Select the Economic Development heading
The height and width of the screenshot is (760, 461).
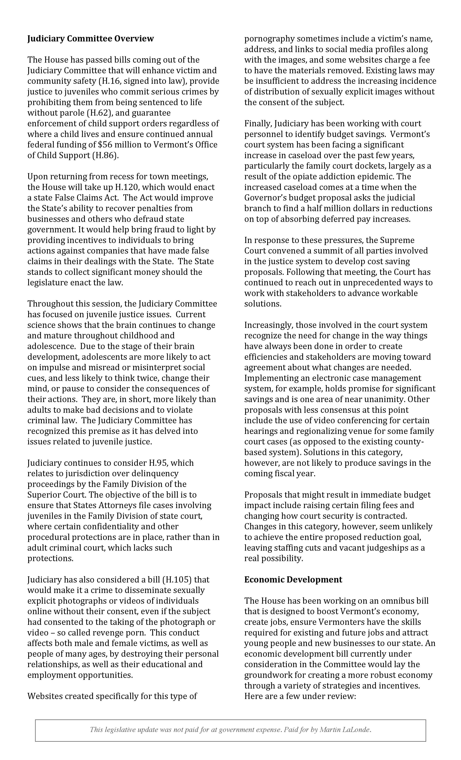tap(293, 580)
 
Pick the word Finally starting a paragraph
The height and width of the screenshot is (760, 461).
tap(258, 124)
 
